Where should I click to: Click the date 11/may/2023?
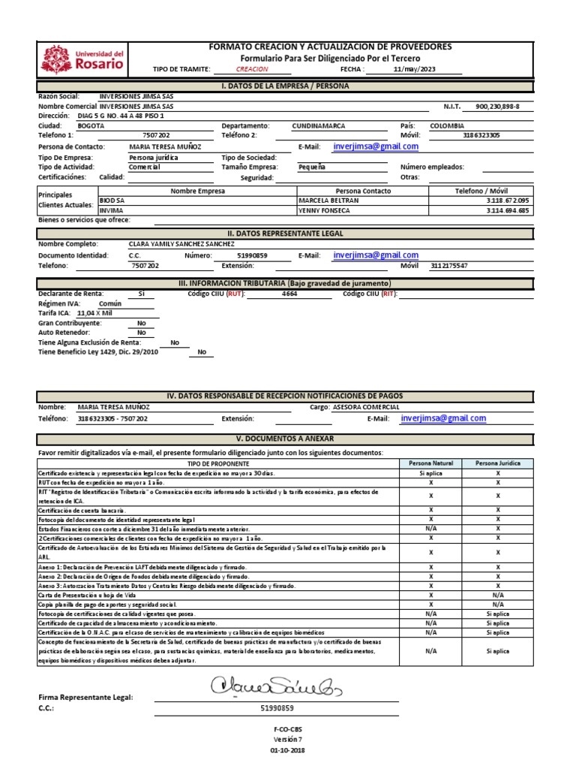click(414, 68)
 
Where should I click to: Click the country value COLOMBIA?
click(447, 125)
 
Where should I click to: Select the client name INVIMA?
click(111, 211)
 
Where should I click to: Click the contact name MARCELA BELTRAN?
click(328, 201)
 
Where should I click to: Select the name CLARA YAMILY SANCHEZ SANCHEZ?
click(182, 244)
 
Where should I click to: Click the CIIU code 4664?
click(289, 294)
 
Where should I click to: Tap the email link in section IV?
click(443, 418)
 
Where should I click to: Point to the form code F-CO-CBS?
click(287, 729)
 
